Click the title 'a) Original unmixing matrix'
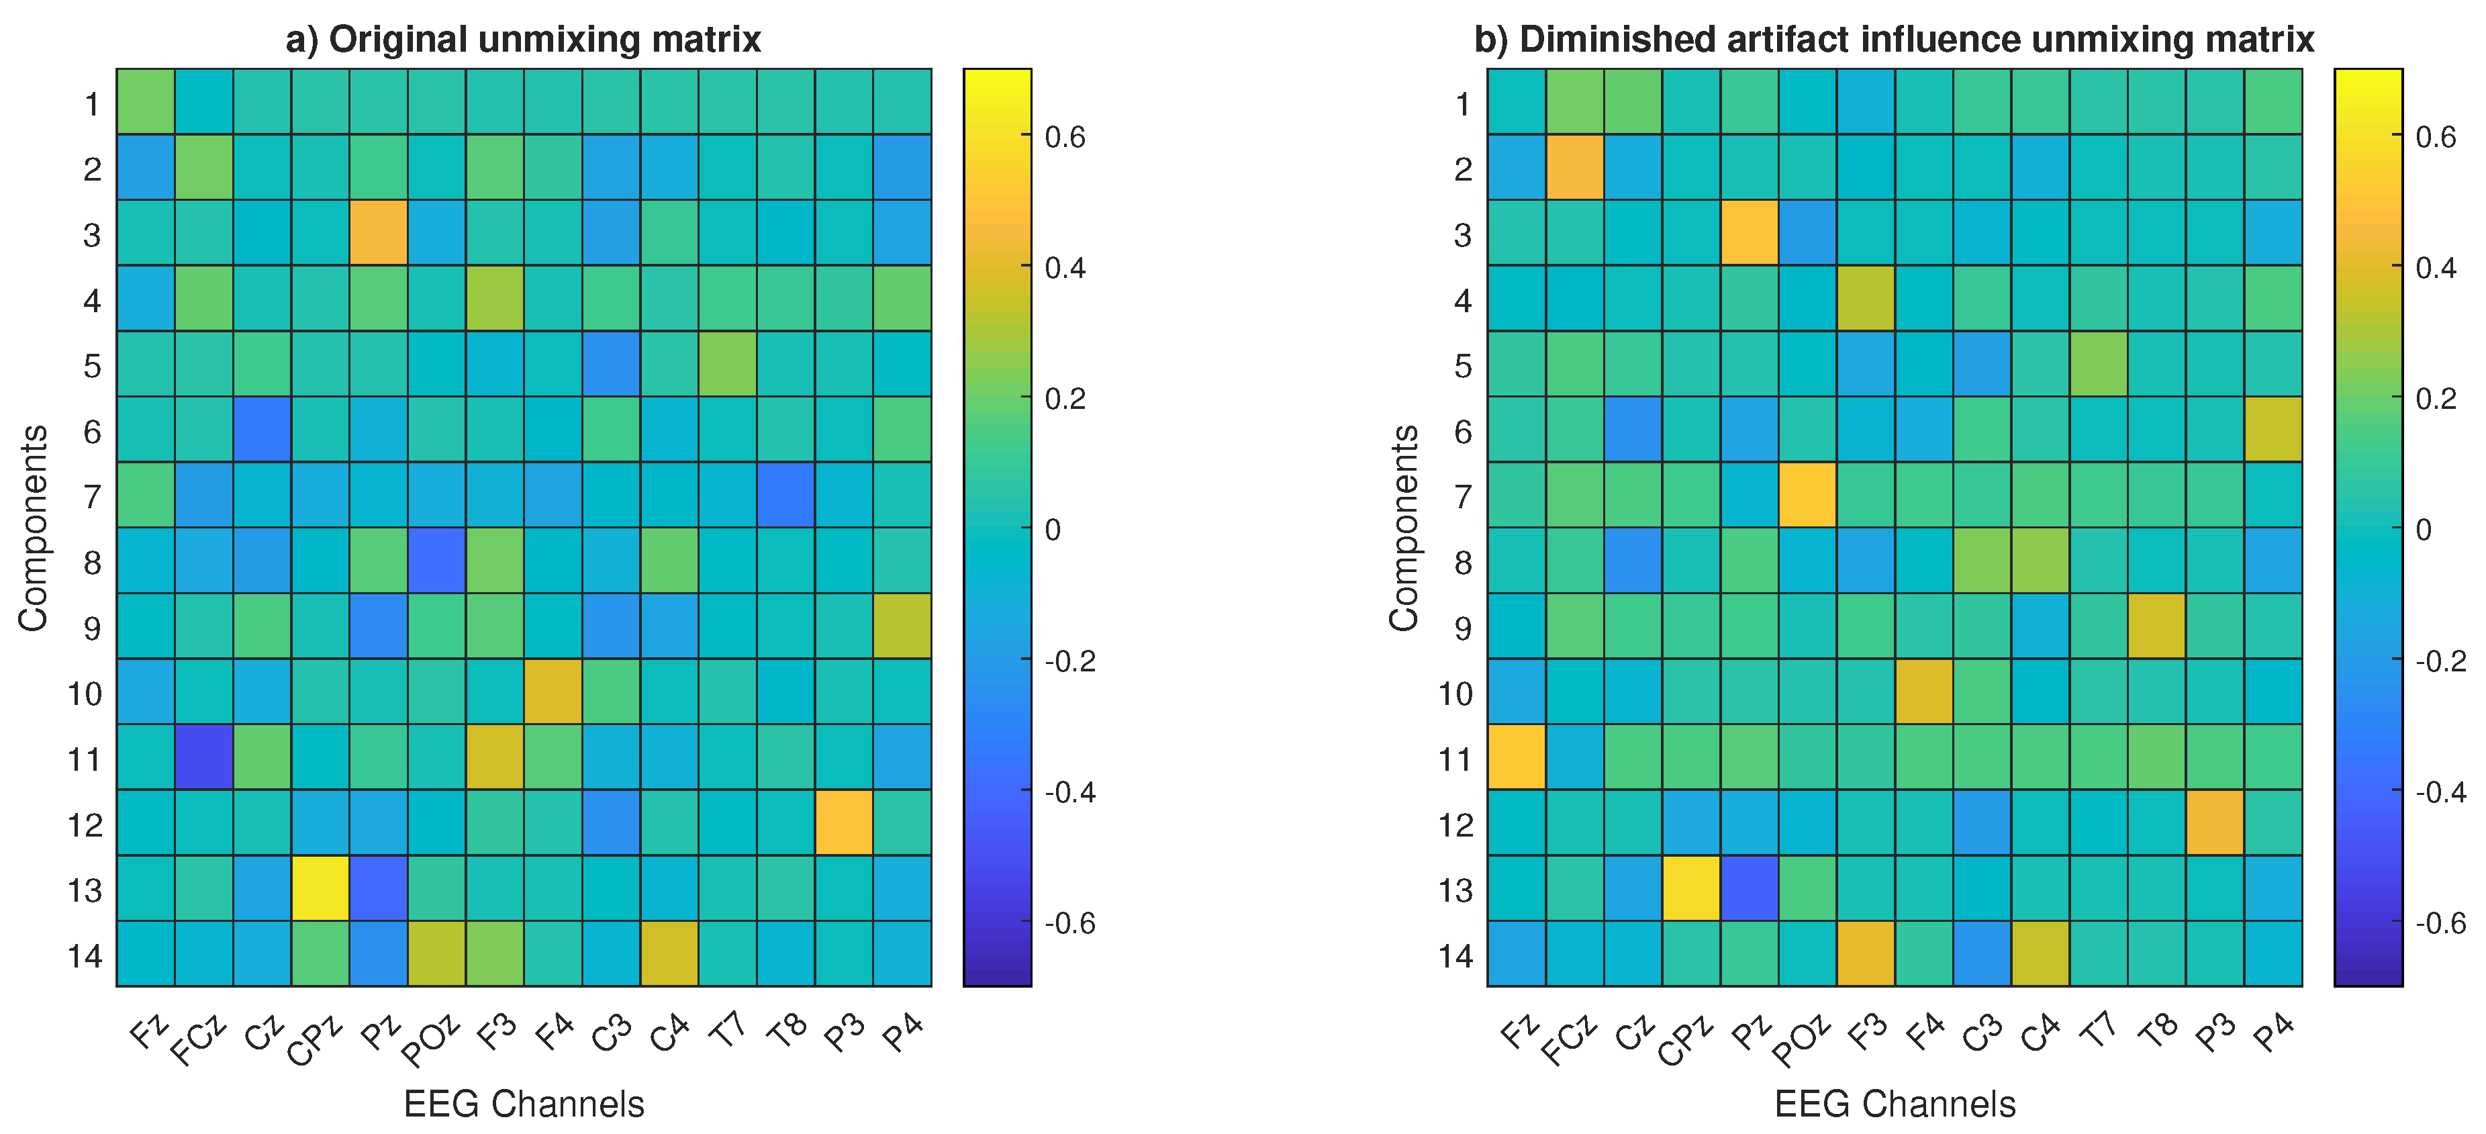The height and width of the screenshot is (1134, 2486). [x=523, y=40]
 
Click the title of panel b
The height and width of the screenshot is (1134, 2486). [x=1893, y=40]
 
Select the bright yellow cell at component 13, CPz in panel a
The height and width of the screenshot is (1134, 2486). [x=320, y=888]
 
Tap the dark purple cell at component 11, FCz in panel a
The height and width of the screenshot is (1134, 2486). [x=203, y=757]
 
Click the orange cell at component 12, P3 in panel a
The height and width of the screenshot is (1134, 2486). [x=843, y=822]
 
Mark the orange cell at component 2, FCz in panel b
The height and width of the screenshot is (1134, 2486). [x=1574, y=167]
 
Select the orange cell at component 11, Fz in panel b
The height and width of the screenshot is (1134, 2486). [x=1516, y=757]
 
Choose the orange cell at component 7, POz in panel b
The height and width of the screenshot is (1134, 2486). [x=1807, y=495]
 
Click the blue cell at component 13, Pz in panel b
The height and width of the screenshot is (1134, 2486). [x=1749, y=888]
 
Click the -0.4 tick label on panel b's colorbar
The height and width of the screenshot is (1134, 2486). [x=2440, y=792]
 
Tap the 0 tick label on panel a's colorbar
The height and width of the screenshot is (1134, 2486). [x=1052, y=530]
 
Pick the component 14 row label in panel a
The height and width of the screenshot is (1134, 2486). [x=85, y=955]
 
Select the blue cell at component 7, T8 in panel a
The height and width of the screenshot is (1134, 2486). [x=785, y=495]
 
